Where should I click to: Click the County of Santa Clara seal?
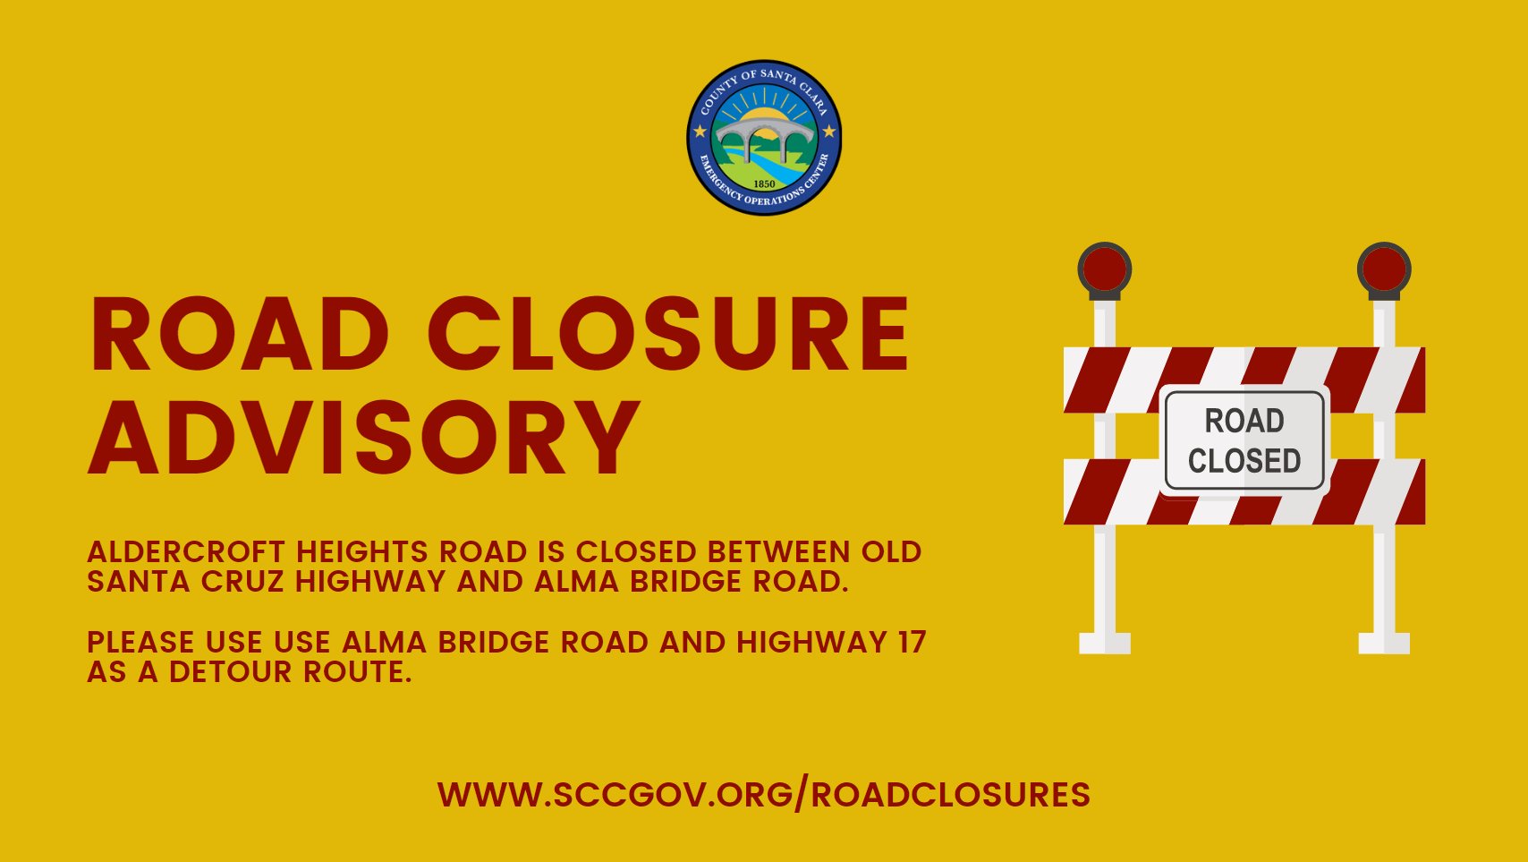(764, 138)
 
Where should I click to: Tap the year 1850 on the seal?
(764, 183)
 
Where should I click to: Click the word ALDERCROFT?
(186, 552)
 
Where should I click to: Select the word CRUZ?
(243, 582)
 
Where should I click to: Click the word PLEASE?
(140, 643)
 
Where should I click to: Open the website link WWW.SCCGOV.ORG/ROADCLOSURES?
(764, 795)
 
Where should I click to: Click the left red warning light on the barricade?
(1105, 269)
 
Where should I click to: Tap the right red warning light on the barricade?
(1384, 269)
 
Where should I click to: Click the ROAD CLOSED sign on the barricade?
(1244, 440)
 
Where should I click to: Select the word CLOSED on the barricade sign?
(1244, 461)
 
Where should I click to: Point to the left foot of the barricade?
(1105, 643)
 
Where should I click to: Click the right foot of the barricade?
(1384, 643)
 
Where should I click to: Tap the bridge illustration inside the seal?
(764, 134)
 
